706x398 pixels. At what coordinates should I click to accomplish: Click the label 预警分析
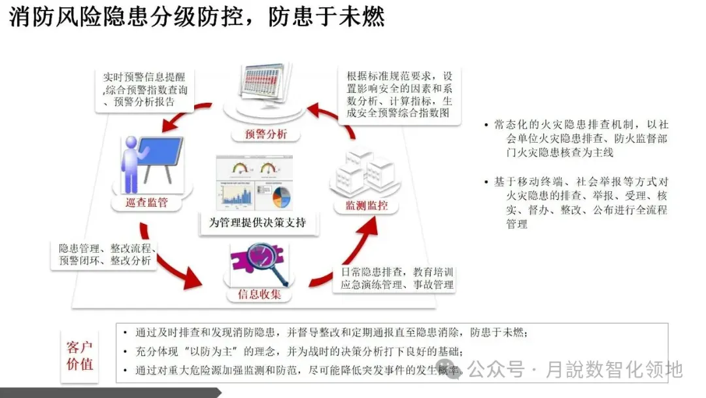point(265,135)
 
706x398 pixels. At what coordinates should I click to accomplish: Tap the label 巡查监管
point(146,202)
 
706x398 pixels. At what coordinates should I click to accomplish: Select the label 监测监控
point(366,206)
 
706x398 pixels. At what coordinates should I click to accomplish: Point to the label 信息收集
point(259,295)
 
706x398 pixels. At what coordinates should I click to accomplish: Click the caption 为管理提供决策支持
point(257,223)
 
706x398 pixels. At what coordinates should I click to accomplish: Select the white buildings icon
point(363,172)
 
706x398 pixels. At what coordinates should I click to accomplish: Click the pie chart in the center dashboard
point(282,195)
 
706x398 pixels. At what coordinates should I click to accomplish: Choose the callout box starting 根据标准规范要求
point(399,96)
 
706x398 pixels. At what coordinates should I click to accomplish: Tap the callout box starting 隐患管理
point(105,255)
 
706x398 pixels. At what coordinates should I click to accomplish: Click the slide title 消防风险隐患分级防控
point(196,16)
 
